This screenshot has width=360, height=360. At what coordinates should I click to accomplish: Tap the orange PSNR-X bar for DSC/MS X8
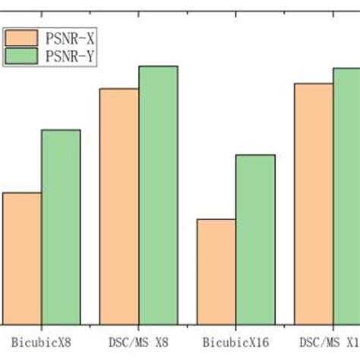click(x=119, y=205)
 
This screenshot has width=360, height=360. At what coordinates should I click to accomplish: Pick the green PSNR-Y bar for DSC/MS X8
click(x=158, y=194)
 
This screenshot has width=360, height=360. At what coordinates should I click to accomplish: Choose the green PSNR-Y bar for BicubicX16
click(x=255, y=238)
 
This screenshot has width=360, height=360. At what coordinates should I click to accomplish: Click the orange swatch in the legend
click(x=22, y=37)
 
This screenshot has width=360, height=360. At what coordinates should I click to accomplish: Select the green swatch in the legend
click(x=22, y=55)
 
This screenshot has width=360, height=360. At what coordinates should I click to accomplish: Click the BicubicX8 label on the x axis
click(x=42, y=343)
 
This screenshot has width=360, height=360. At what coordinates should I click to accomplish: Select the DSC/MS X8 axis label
click(x=139, y=343)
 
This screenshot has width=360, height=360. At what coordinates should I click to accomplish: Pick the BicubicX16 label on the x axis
click(x=236, y=343)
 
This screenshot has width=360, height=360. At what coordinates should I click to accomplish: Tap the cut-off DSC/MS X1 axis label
click(x=330, y=343)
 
